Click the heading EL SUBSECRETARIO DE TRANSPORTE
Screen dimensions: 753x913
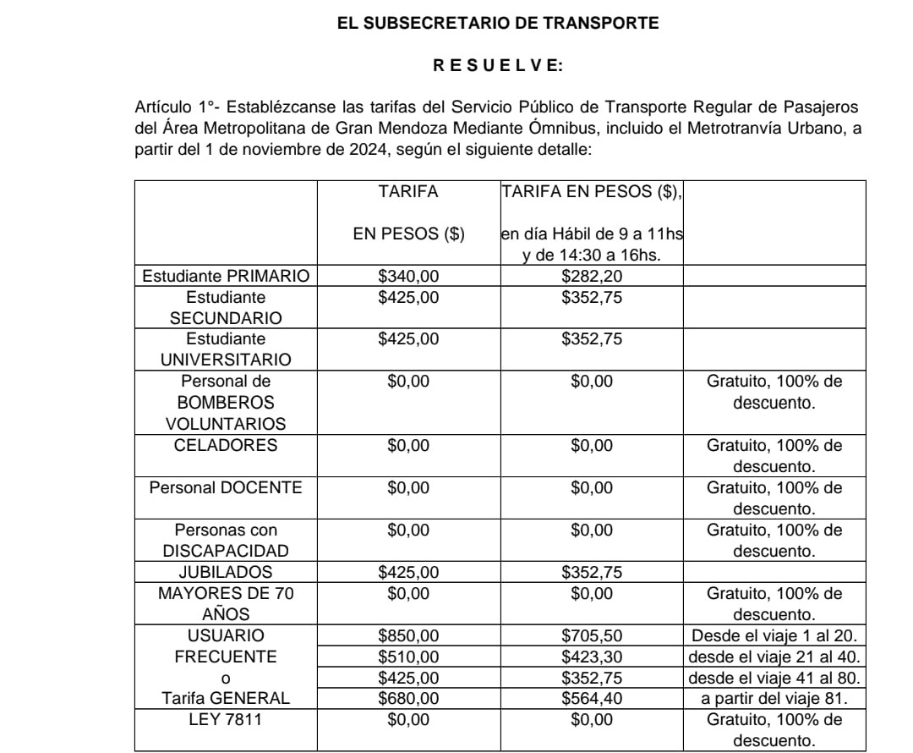pos(497,25)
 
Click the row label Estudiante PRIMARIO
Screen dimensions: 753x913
pos(227,276)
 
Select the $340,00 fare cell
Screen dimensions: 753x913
pos(408,276)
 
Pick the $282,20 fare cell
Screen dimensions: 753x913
pos(591,276)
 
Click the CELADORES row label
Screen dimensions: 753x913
pos(226,445)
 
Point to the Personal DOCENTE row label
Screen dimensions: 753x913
pos(226,487)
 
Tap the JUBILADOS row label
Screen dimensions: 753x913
pos(226,572)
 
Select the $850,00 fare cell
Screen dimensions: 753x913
pos(408,635)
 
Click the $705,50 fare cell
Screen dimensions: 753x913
pos(591,635)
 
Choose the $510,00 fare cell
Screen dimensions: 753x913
pos(408,657)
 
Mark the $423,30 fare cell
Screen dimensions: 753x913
pos(591,657)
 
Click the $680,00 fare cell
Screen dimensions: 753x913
pos(408,699)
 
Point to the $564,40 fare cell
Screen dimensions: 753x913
pos(591,699)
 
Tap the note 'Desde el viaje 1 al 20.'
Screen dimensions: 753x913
pos(774,635)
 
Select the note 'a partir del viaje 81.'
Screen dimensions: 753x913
pos(774,699)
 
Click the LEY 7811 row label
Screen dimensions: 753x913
pos(226,720)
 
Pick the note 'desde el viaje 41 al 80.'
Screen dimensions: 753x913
pos(774,678)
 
